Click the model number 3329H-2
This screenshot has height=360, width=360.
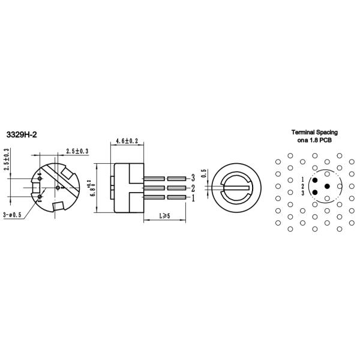(22, 134)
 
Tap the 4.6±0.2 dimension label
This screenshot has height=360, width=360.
(127, 141)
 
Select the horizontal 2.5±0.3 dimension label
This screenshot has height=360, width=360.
(77, 151)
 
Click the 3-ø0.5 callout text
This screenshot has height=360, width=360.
(12, 215)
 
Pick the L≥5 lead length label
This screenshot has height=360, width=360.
(164, 216)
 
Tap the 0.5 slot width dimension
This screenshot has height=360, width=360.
(203, 173)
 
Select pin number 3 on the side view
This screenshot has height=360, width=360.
(193, 178)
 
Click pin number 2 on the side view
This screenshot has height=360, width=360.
(193, 188)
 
